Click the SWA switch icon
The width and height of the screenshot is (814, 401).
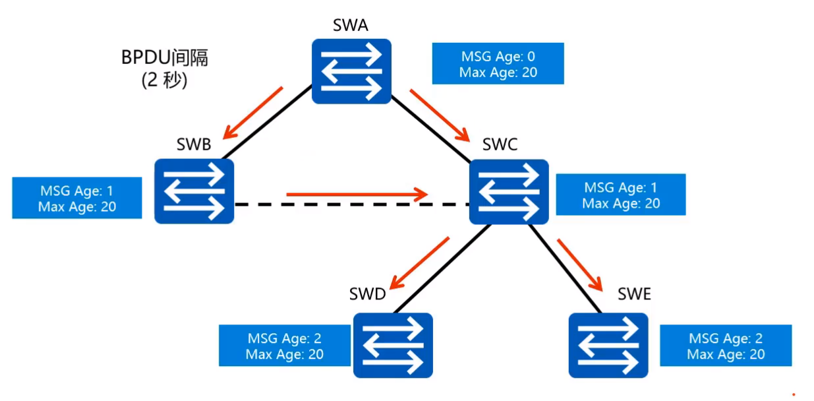pos(351,71)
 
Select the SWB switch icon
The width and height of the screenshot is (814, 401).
pos(194,191)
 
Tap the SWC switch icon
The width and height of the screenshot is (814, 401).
pos(508,192)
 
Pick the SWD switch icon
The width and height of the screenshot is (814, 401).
pos(393,345)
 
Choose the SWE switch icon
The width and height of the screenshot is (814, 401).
pos(608,345)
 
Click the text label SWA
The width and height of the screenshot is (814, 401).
pos(351,26)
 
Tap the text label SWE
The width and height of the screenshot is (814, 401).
pos(634,294)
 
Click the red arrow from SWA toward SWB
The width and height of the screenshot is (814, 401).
pos(253,112)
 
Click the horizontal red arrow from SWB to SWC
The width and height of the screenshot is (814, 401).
pos(357,194)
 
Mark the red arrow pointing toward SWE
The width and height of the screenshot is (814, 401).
pos(581,264)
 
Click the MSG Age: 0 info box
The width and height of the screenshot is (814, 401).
pos(498,64)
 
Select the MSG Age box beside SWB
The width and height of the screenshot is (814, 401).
pos(77,199)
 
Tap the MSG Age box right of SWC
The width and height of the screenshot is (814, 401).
pos(620,195)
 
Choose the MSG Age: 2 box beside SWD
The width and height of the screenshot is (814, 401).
pos(284,346)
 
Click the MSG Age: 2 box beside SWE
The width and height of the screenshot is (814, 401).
pos(725,346)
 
